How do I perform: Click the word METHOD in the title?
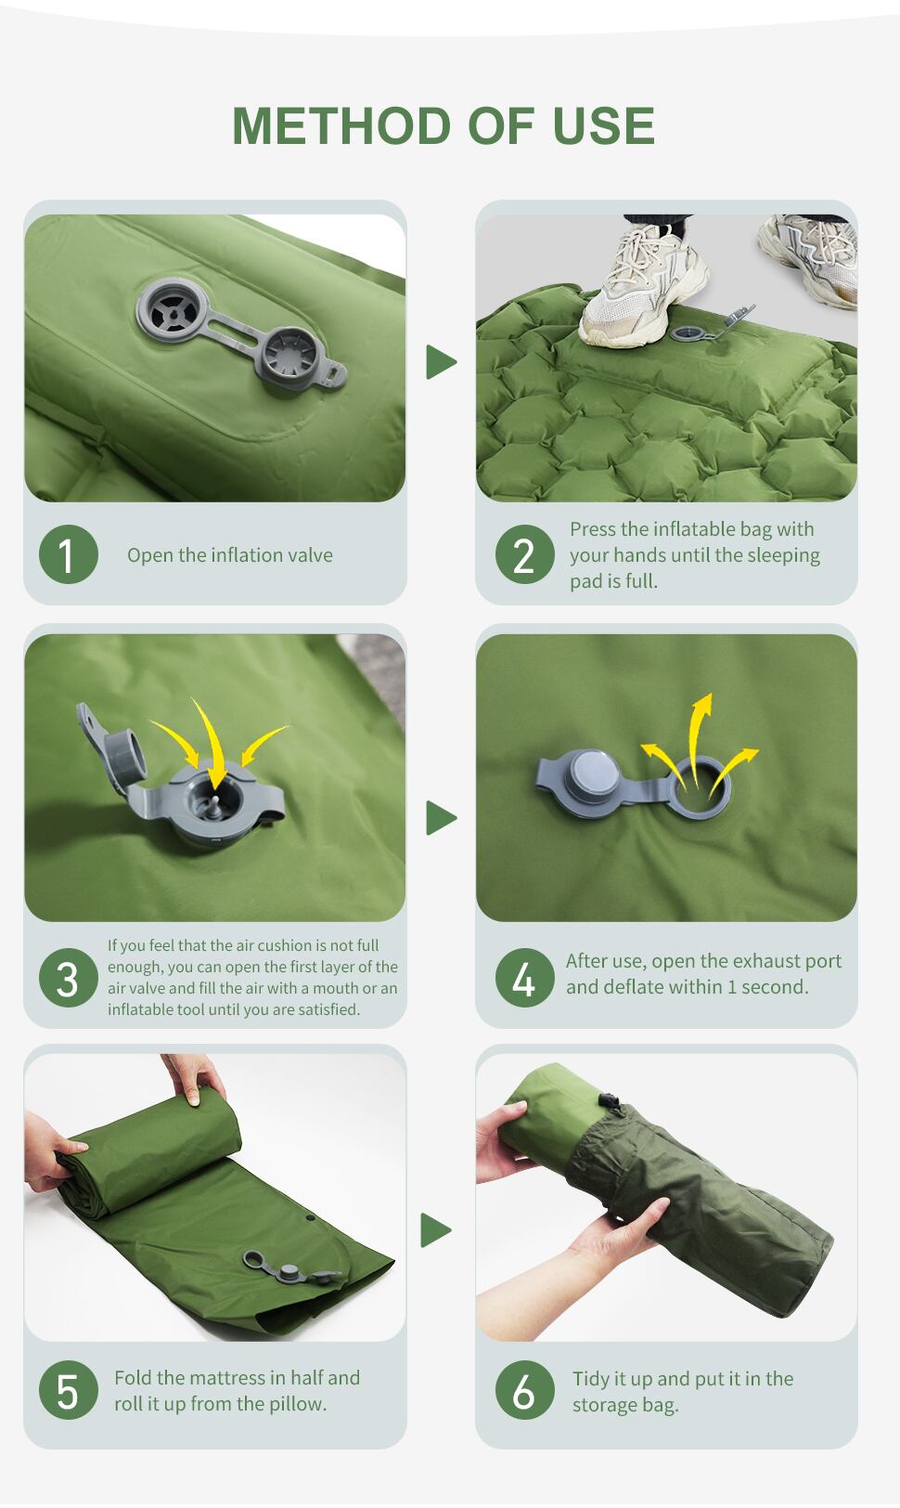pos(341,125)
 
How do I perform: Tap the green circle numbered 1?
pos(69,554)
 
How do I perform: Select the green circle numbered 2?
pos(524,554)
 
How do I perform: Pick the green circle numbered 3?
pos(69,978)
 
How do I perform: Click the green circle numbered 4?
pos(524,978)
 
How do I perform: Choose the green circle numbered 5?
pos(69,1390)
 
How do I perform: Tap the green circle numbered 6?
pos(524,1390)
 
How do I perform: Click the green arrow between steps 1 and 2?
pos(442,362)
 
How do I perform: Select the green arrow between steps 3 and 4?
pos(442,818)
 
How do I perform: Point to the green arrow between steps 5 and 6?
pos(436,1230)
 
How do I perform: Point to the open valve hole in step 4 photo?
pos(701,788)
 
